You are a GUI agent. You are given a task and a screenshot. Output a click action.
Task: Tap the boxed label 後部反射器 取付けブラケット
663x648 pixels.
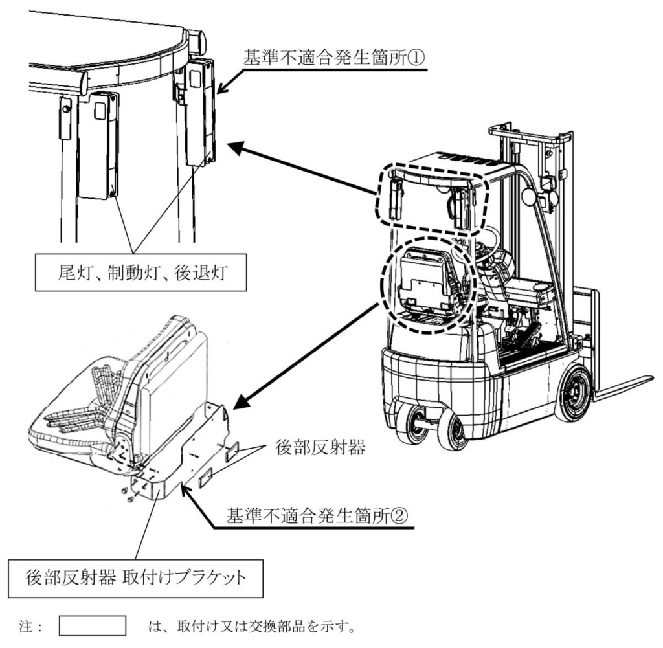(135, 577)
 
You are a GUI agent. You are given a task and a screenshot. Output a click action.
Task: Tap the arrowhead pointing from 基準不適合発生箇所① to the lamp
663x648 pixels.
(220, 90)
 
